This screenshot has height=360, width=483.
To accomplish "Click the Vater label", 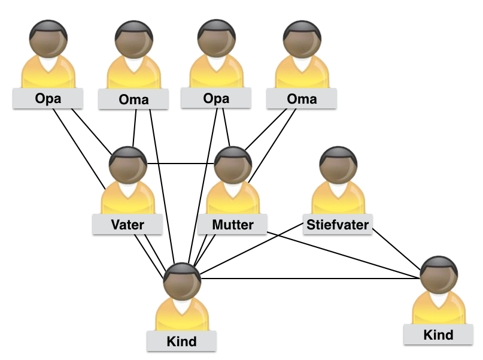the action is pos(127,225).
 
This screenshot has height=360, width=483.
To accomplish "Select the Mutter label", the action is pos(233,225).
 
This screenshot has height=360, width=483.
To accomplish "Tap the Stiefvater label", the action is pos(338,225).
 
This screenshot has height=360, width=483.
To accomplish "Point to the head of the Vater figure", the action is pos(128,165).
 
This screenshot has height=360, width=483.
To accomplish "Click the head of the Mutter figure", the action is pos(233,165).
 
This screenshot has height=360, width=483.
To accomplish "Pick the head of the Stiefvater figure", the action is pos(339,165).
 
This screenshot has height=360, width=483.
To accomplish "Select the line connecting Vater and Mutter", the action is pos(181,164).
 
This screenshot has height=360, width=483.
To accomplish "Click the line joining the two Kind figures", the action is pos(311,279).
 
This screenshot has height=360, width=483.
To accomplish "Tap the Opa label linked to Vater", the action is pos(48,99).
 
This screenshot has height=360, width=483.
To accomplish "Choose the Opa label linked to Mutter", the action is pos(216,98).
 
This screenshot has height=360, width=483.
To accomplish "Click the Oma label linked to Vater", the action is pos(133,99).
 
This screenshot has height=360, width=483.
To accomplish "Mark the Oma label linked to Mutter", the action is pos(302,99).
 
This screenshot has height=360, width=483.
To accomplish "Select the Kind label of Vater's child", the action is pos(181,341).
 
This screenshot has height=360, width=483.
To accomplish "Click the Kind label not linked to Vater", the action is pos(438,334).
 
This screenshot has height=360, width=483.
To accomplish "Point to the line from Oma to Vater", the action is pos(134,128).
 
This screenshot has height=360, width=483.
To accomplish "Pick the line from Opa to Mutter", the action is pos(226,127).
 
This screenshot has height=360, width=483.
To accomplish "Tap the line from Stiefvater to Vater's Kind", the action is pos(251,249).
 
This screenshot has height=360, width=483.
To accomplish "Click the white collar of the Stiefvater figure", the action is pos(338,189).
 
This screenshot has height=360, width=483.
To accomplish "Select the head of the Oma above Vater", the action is pos(134,39).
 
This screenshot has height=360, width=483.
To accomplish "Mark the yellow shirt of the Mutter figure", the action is pos(233,198).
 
